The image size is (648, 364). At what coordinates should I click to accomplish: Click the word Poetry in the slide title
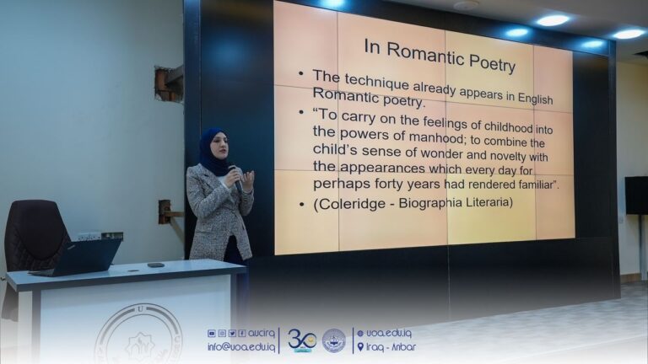tap(492, 62)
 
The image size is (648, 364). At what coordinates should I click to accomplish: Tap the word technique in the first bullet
tap(377, 83)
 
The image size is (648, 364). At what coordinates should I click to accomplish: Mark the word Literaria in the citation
tap(483, 202)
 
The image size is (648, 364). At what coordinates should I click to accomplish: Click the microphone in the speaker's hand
tap(235, 178)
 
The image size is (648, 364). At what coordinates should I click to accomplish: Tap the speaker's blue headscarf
tap(212, 152)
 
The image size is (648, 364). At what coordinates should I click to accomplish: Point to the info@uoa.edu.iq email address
tap(241, 346)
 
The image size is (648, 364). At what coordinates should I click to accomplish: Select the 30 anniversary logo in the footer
tap(302, 340)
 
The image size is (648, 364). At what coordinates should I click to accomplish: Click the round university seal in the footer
tap(334, 340)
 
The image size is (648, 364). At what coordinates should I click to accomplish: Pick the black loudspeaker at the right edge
tap(636, 195)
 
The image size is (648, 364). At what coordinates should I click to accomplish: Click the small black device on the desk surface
tap(156, 265)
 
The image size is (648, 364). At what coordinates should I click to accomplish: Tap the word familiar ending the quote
tap(536, 185)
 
